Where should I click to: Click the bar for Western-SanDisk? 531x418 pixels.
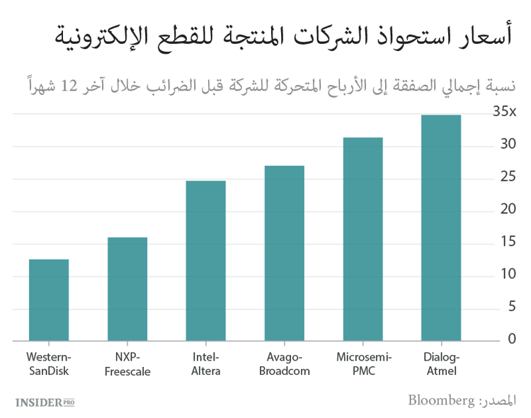tap(49, 300)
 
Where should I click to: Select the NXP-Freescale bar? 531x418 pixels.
tap(127, 289)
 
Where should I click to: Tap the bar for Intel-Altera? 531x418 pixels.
tap(205, 261)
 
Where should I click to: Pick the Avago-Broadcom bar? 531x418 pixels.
tap(284, 253)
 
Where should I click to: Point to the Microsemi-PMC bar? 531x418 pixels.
tap(362, 239)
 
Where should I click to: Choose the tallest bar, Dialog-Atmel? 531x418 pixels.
tap(441, 227)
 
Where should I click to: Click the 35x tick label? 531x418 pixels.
tap(505, 112)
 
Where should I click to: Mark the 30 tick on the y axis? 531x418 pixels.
tap(508, 145)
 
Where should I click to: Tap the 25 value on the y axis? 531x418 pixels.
tap(508, 177)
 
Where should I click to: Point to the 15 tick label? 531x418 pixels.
tap(508, 242)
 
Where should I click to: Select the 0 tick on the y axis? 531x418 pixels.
tap(511, 339)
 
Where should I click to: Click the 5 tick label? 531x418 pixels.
tap(511, 307)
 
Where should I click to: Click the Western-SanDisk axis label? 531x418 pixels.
tap(49, 363)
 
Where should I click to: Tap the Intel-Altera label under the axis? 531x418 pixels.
tap(206, 363)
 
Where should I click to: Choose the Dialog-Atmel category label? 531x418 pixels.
tap(441, 363)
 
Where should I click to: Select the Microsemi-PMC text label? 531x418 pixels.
tap(364, 363)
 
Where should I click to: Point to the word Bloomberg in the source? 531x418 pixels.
tap(440, 400)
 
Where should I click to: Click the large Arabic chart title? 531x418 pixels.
tap(283, 35)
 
